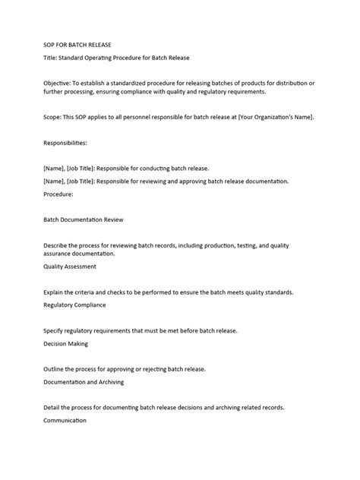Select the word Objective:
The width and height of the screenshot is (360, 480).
pyautogui.click(x=62, y=81)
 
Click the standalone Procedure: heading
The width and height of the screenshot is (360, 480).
pyautogui.click(x=59, y=194)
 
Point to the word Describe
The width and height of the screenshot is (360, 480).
pyautogui.click(x=59, y=245)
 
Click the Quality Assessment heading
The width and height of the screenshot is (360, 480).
pyautogui.click(x=71, y=267)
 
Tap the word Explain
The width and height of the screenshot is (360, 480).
pyautogui.click(x=57, y=292)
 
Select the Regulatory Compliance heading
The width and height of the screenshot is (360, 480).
pyautogui.click(x=75, y=305)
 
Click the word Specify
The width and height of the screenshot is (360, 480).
pyautogui.click(x=57, y=330)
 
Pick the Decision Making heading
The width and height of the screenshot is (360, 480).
pyautogui.click(x=66, y=343)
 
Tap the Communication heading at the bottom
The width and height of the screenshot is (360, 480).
pyautogui.click(x=65, y=420)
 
